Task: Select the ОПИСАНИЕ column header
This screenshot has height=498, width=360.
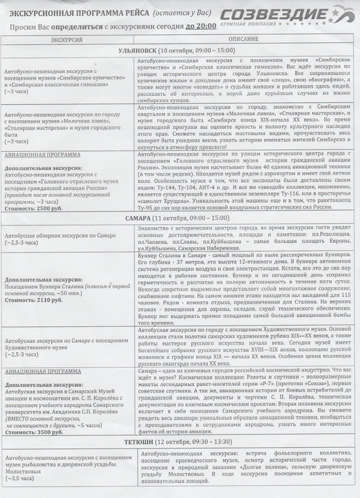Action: click(x=240, y=39)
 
